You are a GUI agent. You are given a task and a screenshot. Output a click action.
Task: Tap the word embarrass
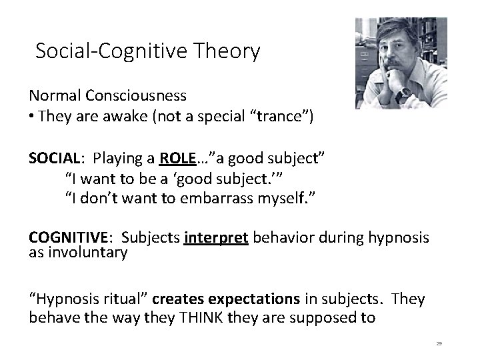230,199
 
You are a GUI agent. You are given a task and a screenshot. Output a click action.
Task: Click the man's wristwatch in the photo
402,95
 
